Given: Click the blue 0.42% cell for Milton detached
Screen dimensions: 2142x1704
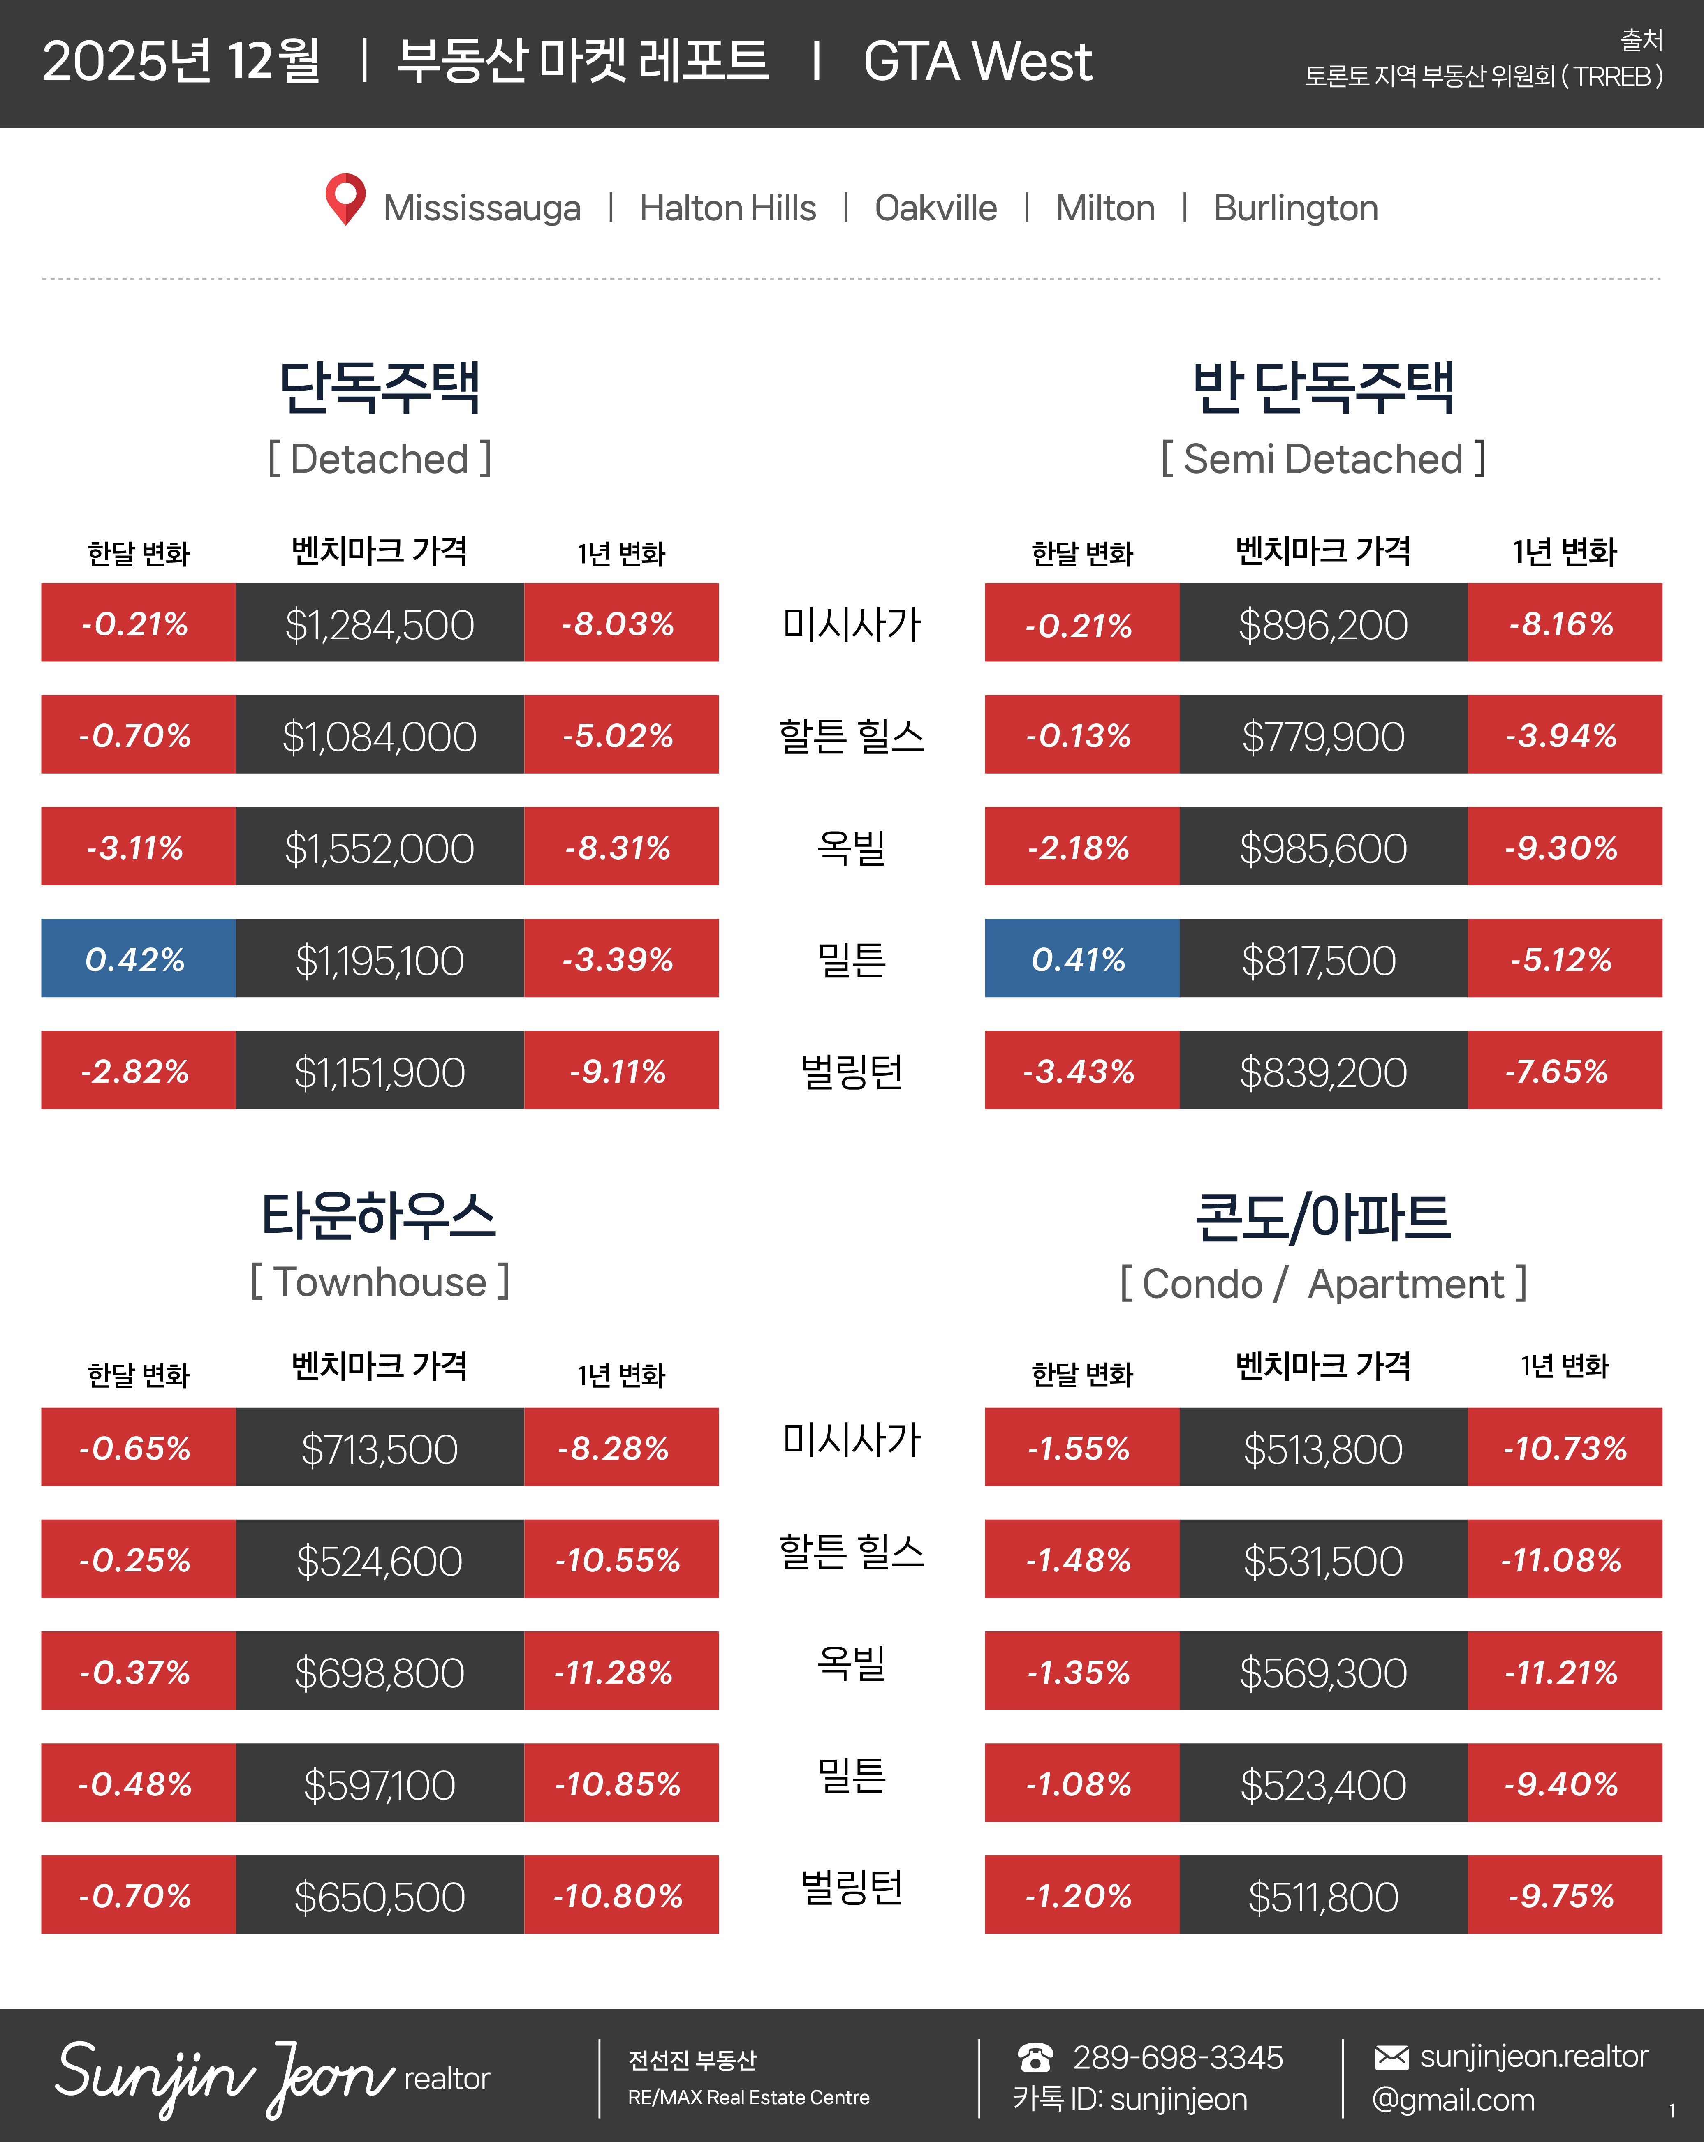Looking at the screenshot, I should point(137,959).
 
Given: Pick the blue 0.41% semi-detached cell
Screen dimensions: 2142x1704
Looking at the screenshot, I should point(1081,959).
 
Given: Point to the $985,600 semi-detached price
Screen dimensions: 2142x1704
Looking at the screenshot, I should point(1322,848).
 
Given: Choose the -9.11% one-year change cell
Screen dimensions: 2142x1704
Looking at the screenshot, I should point(620,1071).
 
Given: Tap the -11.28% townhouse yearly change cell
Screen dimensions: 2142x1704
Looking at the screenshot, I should point(620,1672).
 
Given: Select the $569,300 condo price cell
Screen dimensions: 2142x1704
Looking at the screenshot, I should point(1322,1672).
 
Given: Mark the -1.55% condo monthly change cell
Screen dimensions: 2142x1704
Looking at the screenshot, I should point(1081,1448).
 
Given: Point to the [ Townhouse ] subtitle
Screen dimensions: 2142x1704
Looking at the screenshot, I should point(380,1282).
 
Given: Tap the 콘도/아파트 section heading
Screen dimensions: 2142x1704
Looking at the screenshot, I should point(1322,1217).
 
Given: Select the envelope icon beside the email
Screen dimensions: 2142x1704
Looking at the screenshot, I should point(1391,2057).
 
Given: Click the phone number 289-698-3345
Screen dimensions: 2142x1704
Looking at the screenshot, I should point(1177,2057).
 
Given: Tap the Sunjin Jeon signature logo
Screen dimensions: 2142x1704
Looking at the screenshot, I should point(224,2076).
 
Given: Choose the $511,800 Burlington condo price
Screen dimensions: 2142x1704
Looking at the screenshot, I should point(1322,1896).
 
